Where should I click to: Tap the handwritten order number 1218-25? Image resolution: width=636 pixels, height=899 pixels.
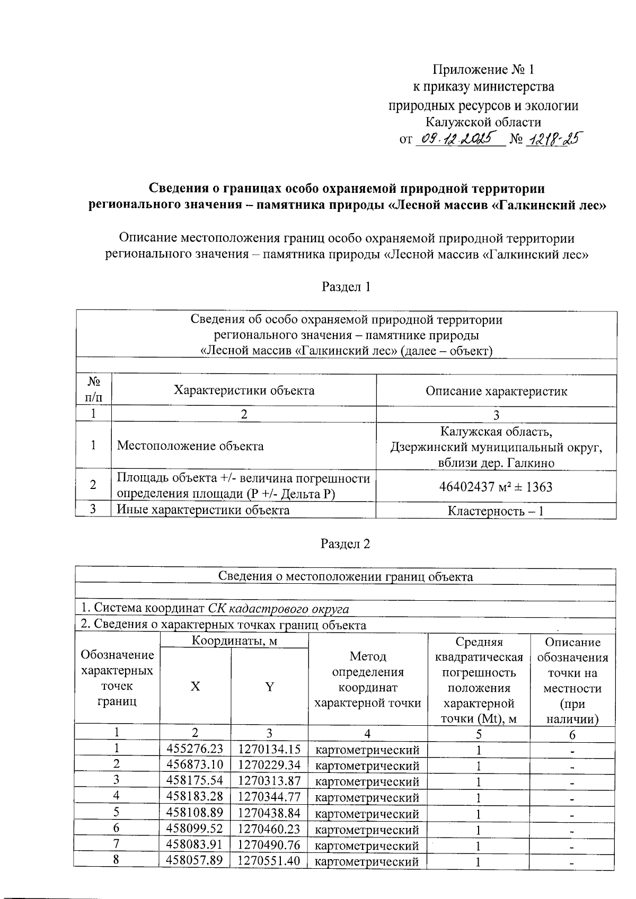551,139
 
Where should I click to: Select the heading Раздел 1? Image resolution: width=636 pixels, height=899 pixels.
346,287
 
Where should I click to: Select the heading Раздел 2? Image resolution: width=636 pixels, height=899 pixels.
346,545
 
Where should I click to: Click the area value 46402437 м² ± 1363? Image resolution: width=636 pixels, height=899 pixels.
496,486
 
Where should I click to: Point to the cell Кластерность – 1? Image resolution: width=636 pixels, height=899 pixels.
496,511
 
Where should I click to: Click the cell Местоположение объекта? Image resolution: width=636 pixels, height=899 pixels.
190,446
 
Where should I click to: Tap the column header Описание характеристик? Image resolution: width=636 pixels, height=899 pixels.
496,391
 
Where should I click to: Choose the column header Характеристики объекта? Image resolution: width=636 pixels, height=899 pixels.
244,390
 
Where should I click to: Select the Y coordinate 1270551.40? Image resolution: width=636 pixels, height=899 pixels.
269,861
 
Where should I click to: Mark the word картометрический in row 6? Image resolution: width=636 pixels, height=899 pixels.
367,830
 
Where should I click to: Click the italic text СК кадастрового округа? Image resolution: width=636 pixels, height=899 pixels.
278,609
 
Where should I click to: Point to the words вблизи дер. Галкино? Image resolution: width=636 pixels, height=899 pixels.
496,463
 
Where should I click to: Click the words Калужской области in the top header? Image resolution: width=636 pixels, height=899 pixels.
484,122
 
